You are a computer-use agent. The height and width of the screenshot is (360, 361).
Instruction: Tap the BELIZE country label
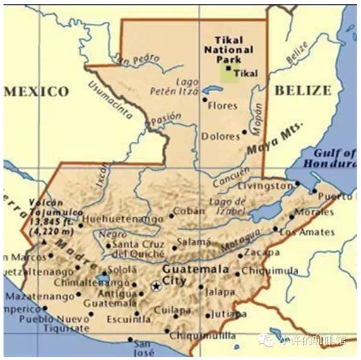click(302, 90)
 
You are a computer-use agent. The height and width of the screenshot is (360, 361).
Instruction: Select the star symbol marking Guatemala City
click(156, 286)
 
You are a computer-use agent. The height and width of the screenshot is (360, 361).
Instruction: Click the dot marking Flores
click(205, 100)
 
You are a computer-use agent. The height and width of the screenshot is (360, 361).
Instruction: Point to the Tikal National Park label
click(228, 50)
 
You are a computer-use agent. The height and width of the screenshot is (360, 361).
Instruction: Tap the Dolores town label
click(220, 136)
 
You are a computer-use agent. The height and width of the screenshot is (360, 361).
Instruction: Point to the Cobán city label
click(189, 210)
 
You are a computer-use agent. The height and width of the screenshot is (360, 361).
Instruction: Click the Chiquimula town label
click(268, 271)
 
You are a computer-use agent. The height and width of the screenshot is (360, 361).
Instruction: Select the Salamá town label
click(194, 242)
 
